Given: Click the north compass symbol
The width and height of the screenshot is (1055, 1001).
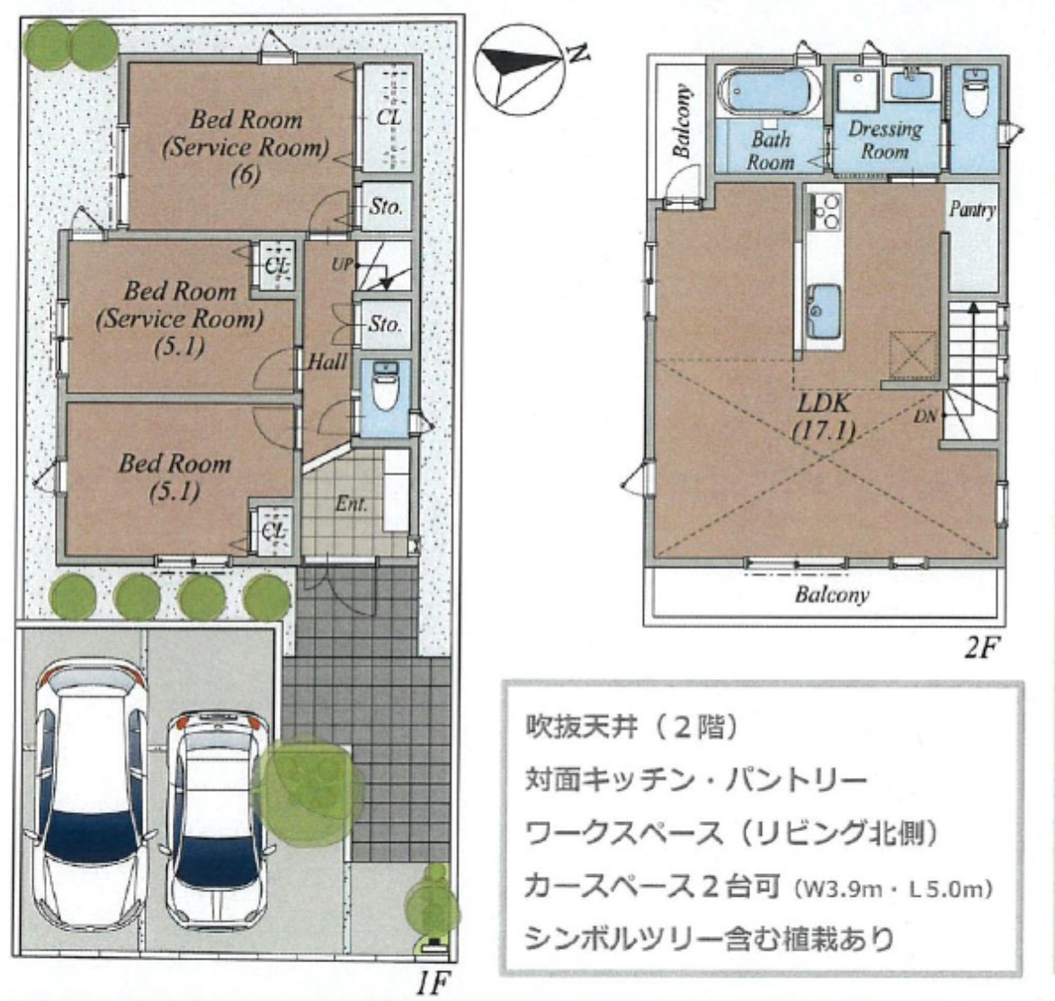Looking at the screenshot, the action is coord(519,69).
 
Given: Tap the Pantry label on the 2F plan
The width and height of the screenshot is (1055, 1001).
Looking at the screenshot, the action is coord(972,210).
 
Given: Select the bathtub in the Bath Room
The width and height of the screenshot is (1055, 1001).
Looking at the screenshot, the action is coord(769,94).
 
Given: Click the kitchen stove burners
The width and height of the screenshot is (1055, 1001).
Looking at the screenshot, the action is coord(825,210).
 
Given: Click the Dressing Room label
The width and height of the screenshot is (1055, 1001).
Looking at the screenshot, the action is coord(885,139).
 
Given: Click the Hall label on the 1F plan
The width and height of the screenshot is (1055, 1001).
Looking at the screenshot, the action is coord(327,362).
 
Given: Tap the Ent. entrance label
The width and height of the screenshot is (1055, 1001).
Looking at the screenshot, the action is coord(352,504).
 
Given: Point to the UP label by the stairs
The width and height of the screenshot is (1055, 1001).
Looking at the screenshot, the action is coord(342,264).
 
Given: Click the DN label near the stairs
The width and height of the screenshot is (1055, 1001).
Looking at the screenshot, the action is coord(925,416).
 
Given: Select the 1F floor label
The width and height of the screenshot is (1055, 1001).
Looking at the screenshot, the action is coord(432,984).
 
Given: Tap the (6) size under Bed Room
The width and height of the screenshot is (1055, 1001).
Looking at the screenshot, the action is coord(246,175).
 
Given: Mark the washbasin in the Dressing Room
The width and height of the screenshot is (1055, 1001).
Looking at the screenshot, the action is coord(911,84).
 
